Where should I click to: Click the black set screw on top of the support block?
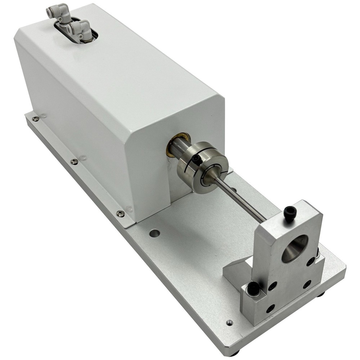pyautogui.click(x=290, y=213)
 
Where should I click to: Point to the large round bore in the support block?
pyautogui.click(x=294, y=248)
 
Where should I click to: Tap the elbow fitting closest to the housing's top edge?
pyautogui.click(x=58, y=11)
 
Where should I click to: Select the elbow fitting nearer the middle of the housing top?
pyautogui.click(x=80, y=29)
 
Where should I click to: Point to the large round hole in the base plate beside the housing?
pyautogui.click(x=155, y=233)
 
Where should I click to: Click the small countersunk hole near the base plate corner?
pyautogui.click(x=229, y=323)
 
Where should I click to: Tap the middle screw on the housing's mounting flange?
pyautogui.click(x=74, y=162)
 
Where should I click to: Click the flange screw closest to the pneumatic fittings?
pyautogui.click(x=35, y=119)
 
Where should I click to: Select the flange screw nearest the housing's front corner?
pyautogui.click(x=121, y=214)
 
